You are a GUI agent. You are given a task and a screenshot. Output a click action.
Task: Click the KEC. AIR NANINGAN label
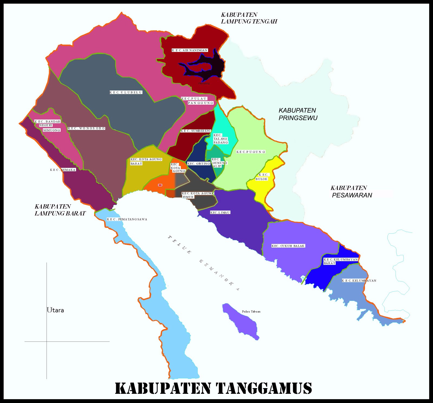pos(190,50)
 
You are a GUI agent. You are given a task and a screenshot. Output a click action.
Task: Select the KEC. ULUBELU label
pos(126,92)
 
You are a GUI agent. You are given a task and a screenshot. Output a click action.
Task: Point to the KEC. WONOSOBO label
pos(86,128)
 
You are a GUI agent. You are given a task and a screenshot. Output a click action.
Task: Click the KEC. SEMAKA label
pos(63,170)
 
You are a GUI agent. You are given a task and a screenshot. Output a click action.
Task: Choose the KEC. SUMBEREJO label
pos(196,131)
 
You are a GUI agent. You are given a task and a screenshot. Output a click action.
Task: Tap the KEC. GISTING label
pos(199,163)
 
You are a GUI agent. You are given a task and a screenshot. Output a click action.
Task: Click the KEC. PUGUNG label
pos(251,152)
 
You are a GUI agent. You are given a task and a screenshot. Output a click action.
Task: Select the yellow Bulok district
pos(264,187)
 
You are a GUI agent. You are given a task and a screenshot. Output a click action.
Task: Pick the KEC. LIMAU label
pos(220,212)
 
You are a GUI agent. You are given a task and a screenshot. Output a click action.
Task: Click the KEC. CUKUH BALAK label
pos(288,246)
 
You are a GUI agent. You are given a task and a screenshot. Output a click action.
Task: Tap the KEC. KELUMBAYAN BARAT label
pos(341,261)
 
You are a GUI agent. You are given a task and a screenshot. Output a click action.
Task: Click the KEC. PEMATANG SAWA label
pos(127,219)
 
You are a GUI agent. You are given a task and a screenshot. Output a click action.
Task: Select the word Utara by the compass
pos(55,310)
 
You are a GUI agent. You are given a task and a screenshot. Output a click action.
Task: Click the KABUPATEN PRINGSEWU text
pos(298,114)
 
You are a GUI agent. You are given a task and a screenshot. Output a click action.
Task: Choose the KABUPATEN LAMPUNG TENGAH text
pos(249,18)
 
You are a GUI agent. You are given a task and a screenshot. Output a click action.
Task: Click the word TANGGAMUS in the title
pos(264,388)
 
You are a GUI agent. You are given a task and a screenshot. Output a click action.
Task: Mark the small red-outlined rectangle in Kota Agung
pos(160,185)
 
